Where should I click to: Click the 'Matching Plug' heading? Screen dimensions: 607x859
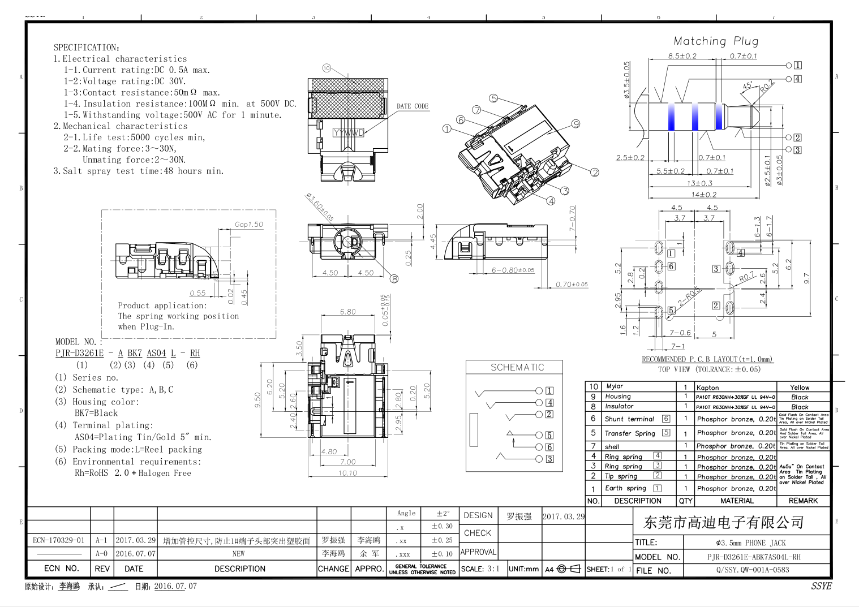click(x=716, y=41)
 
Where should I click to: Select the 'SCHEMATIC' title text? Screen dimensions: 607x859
click(x=517, y=368)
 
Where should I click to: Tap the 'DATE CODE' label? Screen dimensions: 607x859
click(x=413, y=106)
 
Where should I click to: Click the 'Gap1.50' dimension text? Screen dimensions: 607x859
click(x=249, y=225)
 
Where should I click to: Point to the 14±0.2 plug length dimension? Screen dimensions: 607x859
click(x=703, y=195)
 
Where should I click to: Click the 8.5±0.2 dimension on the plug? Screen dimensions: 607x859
click(x=682, y=56)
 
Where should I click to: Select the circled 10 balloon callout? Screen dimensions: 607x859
click(x=327, y=68)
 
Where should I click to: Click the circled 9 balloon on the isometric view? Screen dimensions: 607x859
click(x=575, y=124)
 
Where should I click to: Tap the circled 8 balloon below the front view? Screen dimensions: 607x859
click(x=394, y=278)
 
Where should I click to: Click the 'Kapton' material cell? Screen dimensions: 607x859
click(x=707, y=388)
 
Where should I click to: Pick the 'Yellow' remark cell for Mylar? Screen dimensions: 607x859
click(x=800, y=388)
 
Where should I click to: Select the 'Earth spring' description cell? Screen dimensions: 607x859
click(x=625, y=488)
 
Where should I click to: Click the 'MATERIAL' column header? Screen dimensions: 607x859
click(x=737, y=501)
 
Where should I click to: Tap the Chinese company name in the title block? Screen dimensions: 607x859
click(x=724, y=522)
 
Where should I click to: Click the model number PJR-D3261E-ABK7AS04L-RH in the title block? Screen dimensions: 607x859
click(x=754, y=557)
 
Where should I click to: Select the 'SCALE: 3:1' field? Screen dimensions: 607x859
click(x=480, y=569)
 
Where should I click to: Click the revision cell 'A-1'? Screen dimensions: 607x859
click(x=101, y=540)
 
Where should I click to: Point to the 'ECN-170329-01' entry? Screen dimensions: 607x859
click(x=58, y=540)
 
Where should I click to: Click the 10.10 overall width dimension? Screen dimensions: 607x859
click(x=347, y=473)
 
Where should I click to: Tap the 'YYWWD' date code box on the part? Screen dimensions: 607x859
click(x=349, y=133)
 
